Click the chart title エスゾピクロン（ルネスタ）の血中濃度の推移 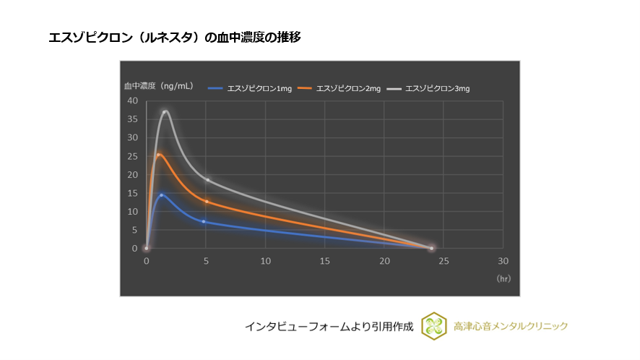174,38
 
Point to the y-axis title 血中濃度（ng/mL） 158,85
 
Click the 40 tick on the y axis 132,100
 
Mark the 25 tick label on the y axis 132,156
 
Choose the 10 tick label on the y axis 132,212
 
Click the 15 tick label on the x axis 325,260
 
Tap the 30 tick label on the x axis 503,260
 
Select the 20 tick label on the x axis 384,260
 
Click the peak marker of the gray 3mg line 165,112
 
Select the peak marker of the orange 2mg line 159,155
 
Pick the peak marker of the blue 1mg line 161,194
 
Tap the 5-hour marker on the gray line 207,179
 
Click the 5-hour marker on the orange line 207,201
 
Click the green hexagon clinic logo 434,326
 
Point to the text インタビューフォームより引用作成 328,327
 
